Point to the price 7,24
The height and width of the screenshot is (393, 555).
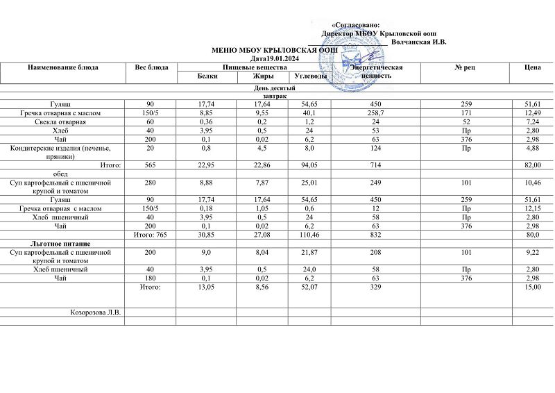533,122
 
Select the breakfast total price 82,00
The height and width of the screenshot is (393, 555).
533,165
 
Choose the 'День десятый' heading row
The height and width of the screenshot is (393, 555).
277,88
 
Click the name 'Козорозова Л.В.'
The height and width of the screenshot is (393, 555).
96,312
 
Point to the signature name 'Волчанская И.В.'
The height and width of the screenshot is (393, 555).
418,42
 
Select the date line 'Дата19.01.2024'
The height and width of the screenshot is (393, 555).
277,59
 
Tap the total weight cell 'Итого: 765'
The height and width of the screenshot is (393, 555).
151,236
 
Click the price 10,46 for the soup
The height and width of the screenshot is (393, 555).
533,183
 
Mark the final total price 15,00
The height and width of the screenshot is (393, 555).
533,287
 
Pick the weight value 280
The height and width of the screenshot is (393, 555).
151,183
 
